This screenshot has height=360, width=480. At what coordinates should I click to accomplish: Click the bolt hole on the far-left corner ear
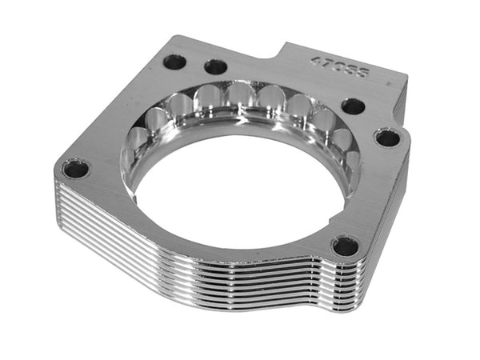click(75, 169)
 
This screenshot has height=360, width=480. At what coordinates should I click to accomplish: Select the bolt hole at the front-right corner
click(345, 246)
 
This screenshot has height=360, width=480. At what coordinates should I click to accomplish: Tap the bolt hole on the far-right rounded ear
click(387, 138)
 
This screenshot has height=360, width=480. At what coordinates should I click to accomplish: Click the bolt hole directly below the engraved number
click(352, 106)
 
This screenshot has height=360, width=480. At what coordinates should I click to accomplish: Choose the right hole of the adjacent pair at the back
click(214, 66)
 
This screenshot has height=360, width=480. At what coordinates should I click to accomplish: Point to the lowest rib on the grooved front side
click(200, 284)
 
